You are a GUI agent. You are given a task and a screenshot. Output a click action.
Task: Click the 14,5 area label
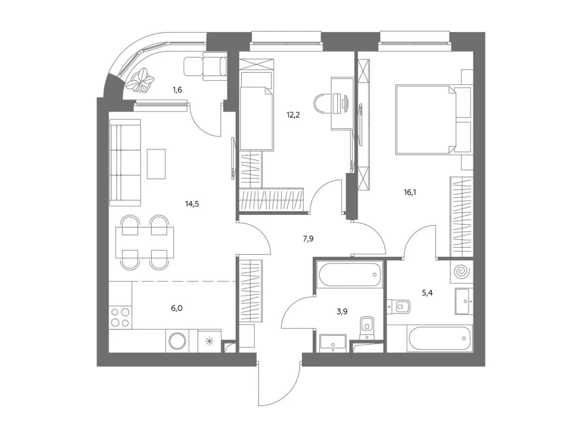[192, 204]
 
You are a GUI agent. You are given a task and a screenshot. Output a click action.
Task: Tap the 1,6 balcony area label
[177, 90]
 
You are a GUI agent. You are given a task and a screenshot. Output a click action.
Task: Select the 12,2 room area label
[293, 115]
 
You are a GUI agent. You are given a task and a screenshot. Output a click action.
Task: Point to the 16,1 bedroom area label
[410, 192]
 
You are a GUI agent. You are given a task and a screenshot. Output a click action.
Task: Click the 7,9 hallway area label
[308, 239]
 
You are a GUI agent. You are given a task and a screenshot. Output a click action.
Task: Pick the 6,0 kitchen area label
[176, 308]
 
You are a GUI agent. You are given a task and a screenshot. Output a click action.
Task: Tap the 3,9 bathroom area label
[342, 311]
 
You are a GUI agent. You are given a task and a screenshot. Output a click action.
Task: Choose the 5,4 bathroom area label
[427, 293]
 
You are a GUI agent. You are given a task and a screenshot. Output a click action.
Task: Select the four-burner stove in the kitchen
[121, 317]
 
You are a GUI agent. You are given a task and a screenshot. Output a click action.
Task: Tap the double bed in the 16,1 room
[433, 119]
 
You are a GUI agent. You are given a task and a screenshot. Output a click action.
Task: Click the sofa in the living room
[125, 163]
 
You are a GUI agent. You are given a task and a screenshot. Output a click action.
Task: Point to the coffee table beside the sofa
[156, 164]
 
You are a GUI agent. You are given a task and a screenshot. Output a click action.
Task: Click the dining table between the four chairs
[145, 242]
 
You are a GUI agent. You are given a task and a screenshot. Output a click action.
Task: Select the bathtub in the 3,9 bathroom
[350, 275]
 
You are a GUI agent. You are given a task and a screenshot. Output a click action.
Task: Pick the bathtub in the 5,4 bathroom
[440, 339]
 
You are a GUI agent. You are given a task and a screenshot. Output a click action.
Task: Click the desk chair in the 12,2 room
[322, 103]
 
